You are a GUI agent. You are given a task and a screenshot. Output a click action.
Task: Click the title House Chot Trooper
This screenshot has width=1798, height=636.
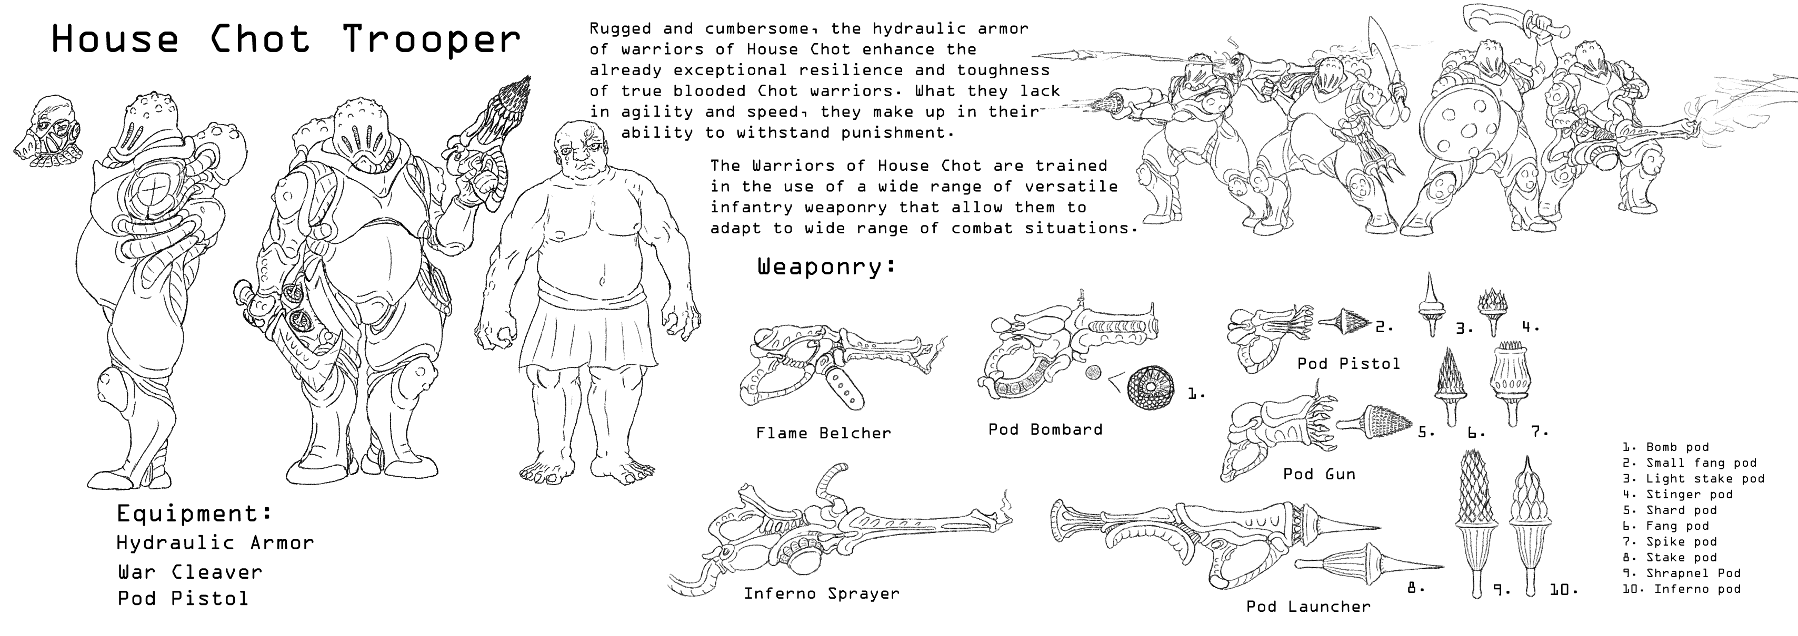[286, 39]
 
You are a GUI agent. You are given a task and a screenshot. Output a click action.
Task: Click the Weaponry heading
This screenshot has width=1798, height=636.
[826, 266]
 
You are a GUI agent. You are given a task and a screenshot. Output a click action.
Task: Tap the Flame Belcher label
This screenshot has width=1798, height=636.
[824, 433]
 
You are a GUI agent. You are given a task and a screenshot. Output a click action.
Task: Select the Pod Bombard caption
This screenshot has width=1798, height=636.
[1045, 429]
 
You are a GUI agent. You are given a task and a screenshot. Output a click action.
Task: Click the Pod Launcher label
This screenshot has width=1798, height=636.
[1308, 607]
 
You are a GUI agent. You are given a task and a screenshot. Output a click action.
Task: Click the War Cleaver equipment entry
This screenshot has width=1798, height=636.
[189, 572]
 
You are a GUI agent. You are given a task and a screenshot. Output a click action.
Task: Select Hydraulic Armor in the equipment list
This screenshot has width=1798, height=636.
[215, 542]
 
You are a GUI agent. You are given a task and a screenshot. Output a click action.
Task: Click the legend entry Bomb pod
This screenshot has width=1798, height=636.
[1666, 447]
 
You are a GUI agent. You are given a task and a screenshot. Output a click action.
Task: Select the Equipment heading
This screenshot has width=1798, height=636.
[194, 514]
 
